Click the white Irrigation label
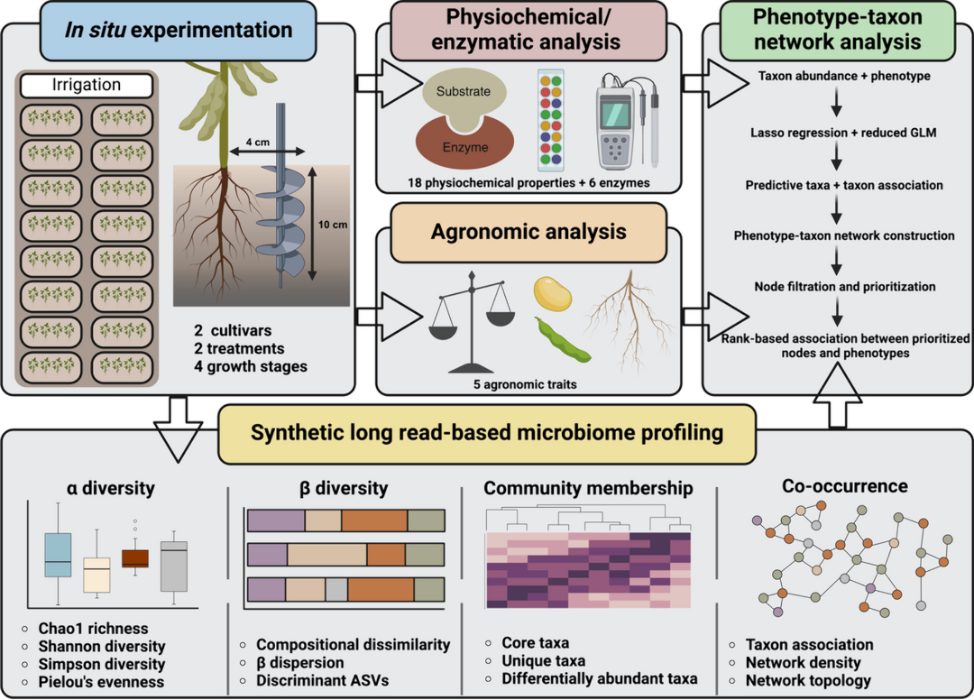point(87,86)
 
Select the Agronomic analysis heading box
point(528,232)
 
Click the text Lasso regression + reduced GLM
point(843,134)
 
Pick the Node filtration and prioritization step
point(844,287)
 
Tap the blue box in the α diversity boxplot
point(58,554)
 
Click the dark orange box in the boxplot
point(135,558)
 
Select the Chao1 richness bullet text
point(93,629)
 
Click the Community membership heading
point(588,488)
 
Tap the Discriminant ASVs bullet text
point(322,679)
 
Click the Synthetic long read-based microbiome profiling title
point(487,432)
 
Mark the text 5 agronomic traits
point(530,385)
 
